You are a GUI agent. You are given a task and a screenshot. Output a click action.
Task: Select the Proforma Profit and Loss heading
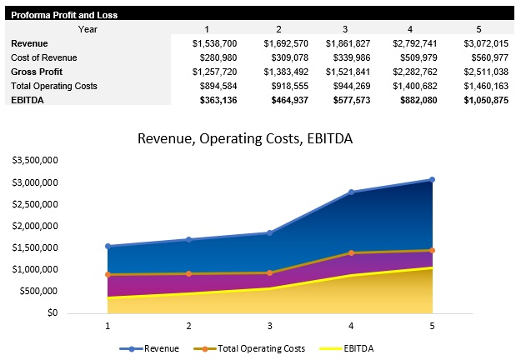coord(63,15)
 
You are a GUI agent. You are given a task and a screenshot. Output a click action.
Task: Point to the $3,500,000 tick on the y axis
coord(35,160)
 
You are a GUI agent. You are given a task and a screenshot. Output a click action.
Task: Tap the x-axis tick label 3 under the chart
coord(269,325)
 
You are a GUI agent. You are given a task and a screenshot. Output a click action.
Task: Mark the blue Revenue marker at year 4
coord(351,192)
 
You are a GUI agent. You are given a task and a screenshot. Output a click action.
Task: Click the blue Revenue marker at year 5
coord(432,180)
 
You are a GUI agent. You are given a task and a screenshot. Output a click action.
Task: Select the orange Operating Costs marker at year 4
coord(351,252)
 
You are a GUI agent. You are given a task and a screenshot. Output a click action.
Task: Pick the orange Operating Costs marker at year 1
coord(107,274)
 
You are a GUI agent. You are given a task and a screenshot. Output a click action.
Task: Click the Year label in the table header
coord(88,29)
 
